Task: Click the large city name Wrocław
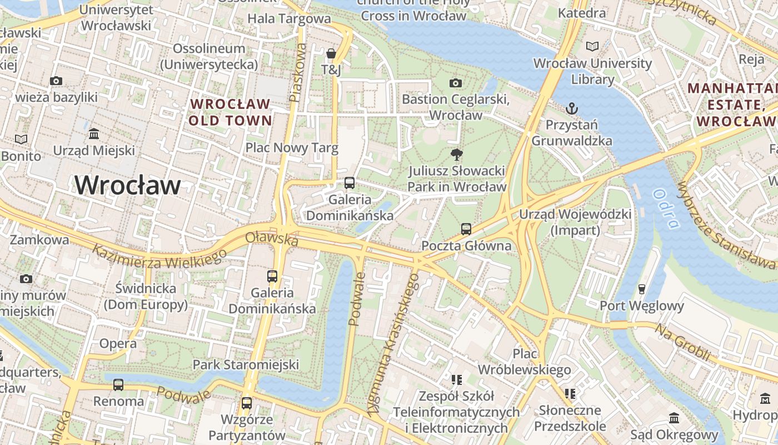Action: (128, 185)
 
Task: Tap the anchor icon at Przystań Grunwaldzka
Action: (571, 108)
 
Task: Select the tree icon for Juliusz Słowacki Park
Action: (457, 155)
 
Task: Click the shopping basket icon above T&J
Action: (331, 53)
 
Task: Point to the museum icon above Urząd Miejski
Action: (94, 134)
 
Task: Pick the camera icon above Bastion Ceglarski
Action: (455, 83)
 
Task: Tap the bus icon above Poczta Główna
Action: (466, 229)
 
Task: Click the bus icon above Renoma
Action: (118, 384)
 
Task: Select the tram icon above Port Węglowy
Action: (641, 289)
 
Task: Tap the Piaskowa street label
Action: (298, 73)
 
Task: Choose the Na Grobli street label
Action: (682, 342)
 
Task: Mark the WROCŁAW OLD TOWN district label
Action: (230, 112)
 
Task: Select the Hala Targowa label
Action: (289, 18)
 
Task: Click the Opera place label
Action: (118, 344)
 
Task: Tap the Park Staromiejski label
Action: (246, 365)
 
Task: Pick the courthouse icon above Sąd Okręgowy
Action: (674, 418)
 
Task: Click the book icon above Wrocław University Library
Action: (592, 46)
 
